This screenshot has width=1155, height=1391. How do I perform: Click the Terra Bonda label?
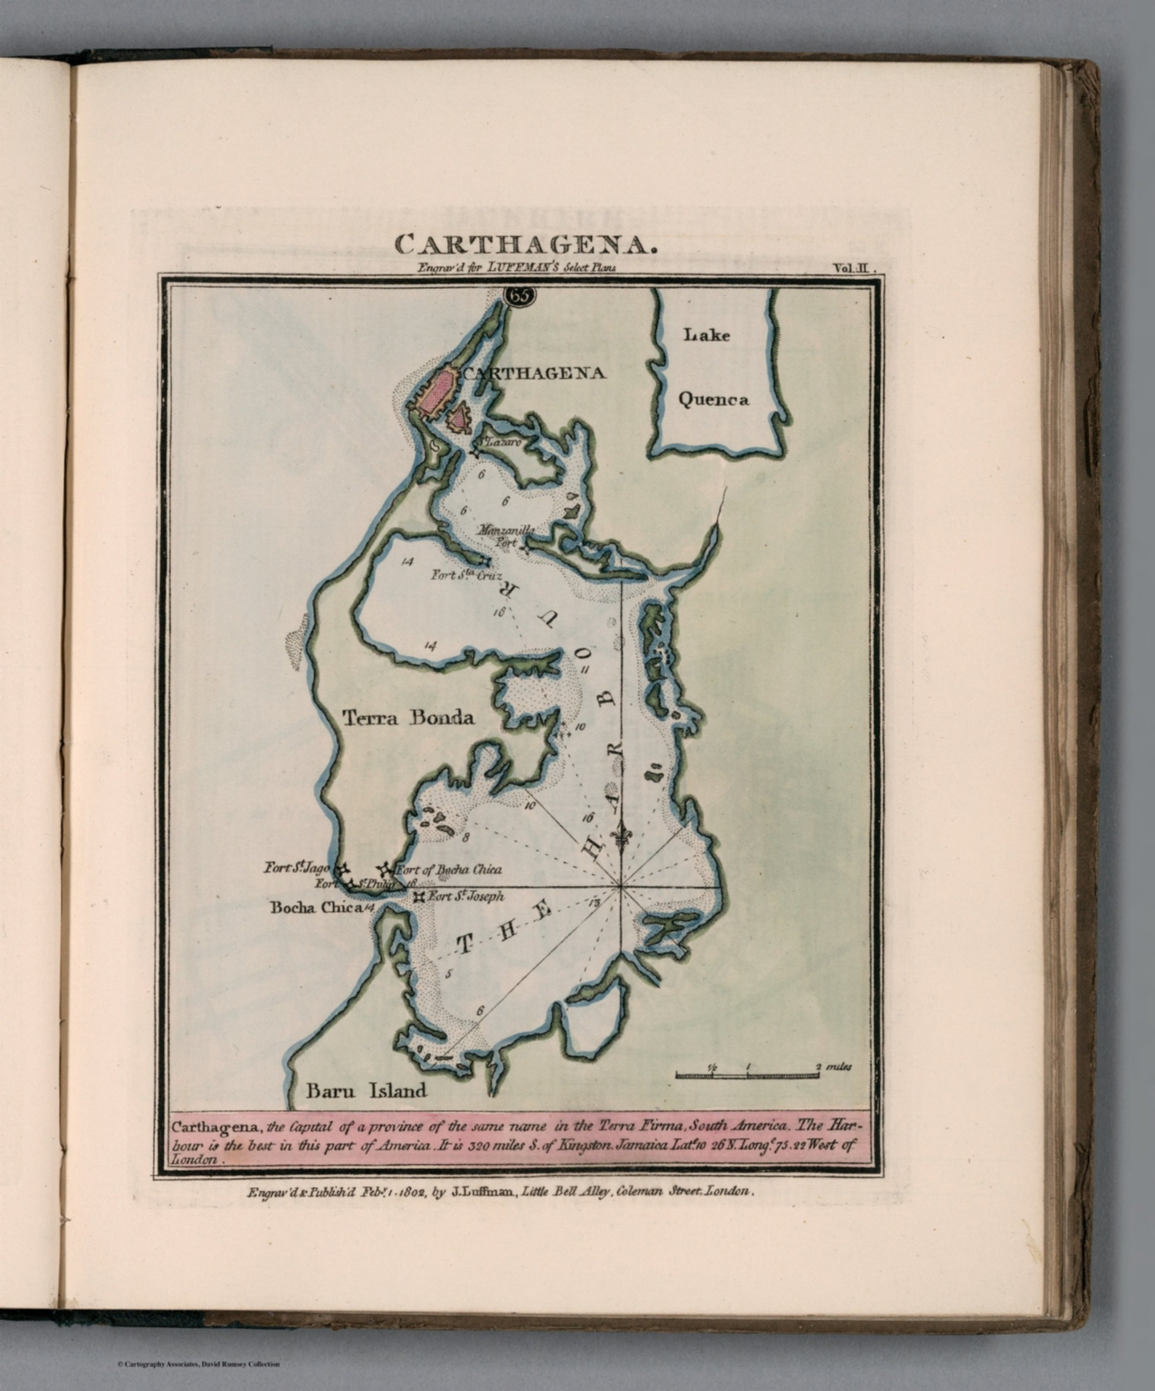[x=408, y=718]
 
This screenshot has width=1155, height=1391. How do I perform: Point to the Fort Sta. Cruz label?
[x=466, y=574]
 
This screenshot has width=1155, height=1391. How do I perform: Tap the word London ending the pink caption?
[x=195, y=1158]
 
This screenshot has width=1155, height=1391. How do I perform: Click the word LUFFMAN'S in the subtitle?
[x=520, y=267]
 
